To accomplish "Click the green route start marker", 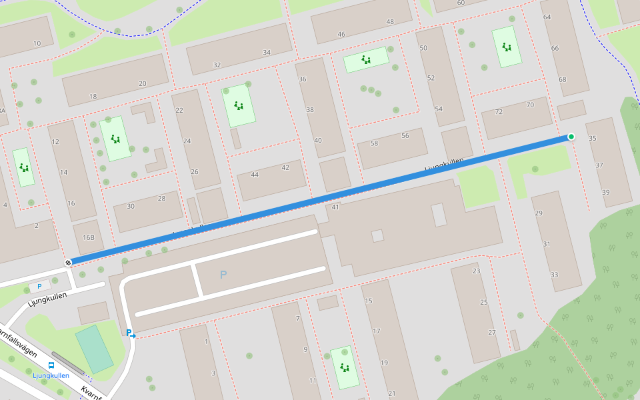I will (571, 137).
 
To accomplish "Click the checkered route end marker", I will (68, 263).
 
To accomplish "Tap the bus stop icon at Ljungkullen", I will (51, 365).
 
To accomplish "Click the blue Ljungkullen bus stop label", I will (51, 375).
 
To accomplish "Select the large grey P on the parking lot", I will (223, 275).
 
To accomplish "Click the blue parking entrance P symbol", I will (130, 333).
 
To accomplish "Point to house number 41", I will (335, 207).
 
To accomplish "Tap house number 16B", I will (89, 237).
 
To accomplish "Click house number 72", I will (499, 112).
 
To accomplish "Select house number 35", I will (593, 139).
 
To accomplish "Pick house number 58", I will (374, 143).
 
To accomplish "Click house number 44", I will (255, 175).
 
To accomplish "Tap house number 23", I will (476, 271).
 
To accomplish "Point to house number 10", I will (37, 44).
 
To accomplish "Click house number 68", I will (563, 80).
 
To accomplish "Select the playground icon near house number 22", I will (239, 105).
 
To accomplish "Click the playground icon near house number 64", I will (507, 47).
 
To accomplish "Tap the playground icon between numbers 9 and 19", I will (344, 367).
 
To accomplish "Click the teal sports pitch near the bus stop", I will (94, 349).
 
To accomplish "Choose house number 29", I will (539, 213).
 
